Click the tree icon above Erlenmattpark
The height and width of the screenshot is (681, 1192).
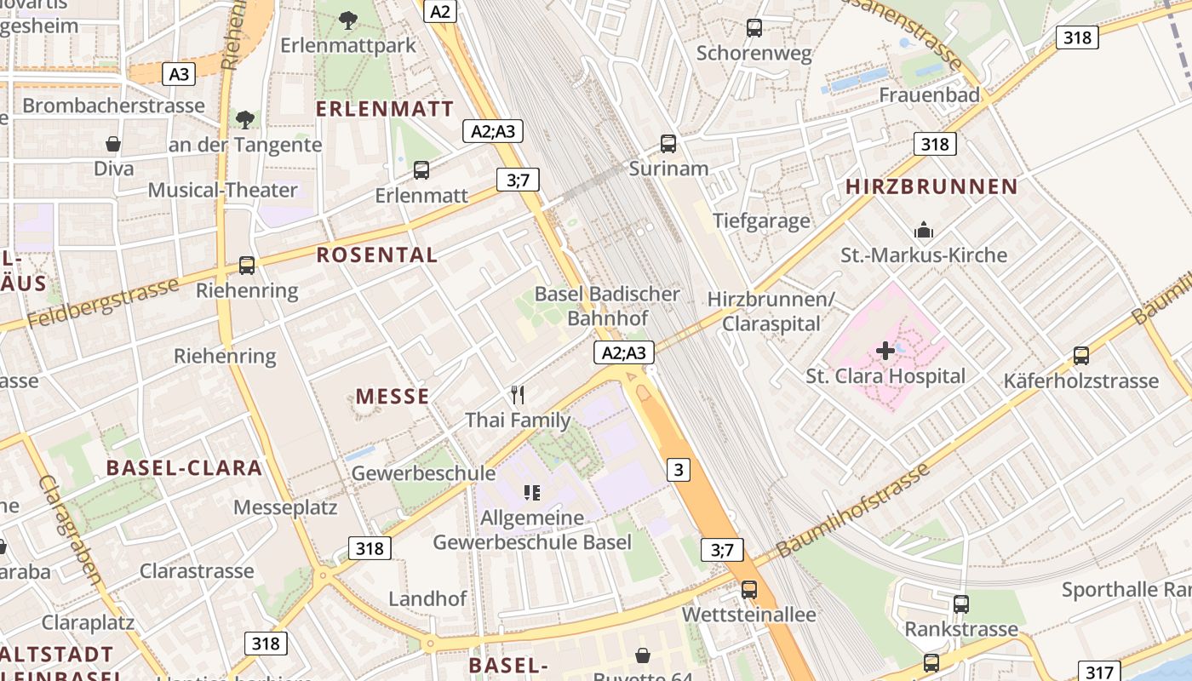347,20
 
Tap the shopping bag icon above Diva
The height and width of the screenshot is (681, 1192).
113,144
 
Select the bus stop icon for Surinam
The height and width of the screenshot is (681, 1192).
668,144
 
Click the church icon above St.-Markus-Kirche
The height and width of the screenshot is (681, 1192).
924,230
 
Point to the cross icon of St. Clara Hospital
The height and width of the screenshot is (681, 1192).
885,350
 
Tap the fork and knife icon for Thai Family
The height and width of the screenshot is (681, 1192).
517,394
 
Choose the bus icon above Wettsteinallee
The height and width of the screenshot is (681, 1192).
749,589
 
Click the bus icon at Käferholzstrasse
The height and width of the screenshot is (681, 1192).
1081,356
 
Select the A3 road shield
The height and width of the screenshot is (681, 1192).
179,74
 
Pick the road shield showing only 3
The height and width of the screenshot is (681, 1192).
678,469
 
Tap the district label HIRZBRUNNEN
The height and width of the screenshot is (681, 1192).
931,186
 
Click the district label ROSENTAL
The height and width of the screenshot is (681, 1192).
377,255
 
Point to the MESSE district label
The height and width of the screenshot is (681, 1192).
393,396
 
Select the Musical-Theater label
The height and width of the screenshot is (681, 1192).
223,190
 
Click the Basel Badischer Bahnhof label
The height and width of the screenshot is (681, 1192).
607,306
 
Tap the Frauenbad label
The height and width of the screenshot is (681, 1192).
930,94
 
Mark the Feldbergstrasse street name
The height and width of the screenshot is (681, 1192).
103,302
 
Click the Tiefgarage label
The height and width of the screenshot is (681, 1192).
761,221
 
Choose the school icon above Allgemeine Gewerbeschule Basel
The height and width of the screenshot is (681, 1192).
532,492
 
